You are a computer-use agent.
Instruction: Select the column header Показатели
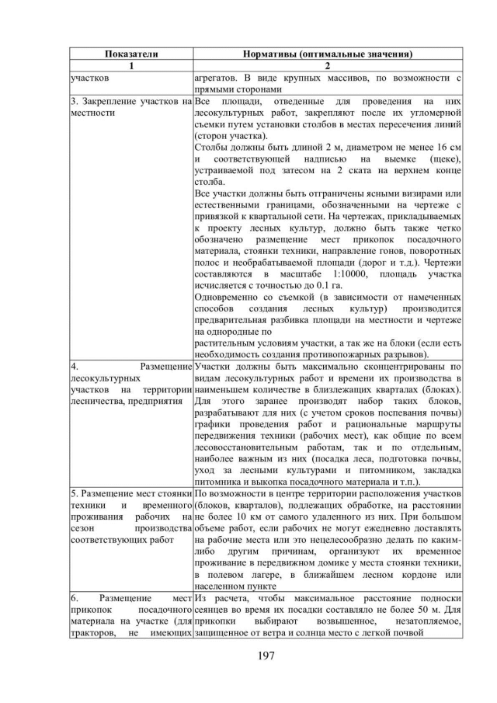point(130,54)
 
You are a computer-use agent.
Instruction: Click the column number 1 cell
point(130,66)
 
